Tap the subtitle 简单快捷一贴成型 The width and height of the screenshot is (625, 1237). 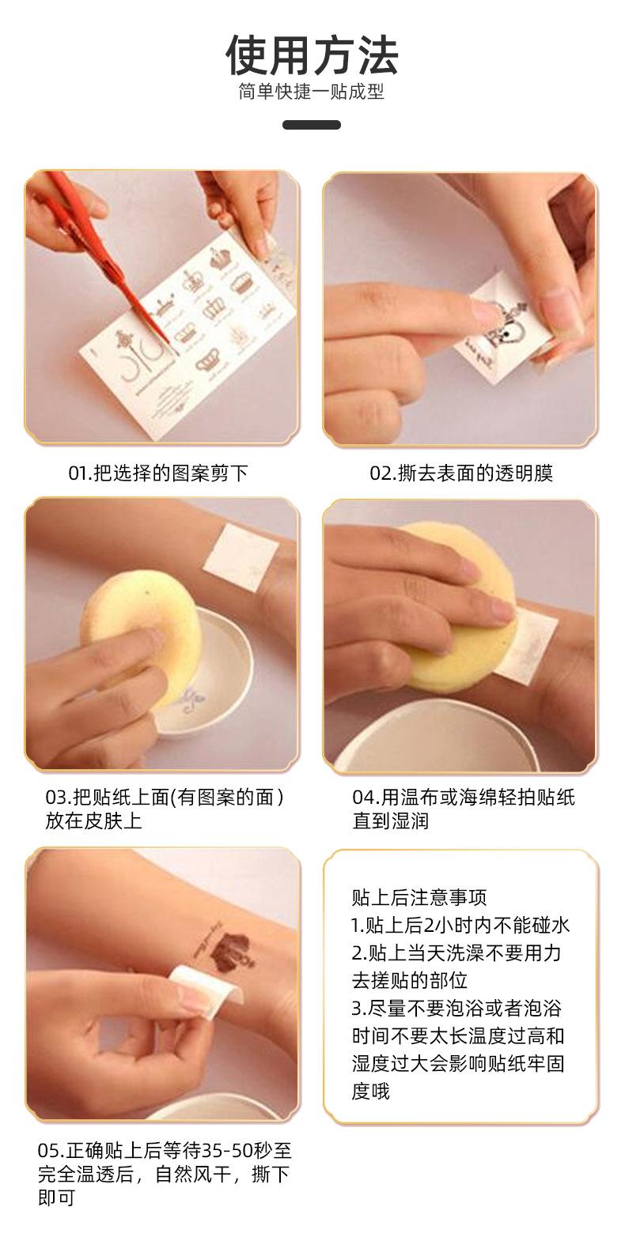[x=312, y=92]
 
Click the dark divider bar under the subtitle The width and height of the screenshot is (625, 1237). [x=312, y=125]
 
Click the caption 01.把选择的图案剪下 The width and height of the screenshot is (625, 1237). [x=158, y=473]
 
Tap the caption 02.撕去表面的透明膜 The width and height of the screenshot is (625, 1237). [x=461, y=473]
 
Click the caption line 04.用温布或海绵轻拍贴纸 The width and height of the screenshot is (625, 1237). [x=464, y=798]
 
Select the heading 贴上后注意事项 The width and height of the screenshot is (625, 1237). [x=419, y=897]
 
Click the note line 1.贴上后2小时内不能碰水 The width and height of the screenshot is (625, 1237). [x=460, y=926]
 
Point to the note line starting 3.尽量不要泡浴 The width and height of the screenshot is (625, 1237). [x=456, y=1009]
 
